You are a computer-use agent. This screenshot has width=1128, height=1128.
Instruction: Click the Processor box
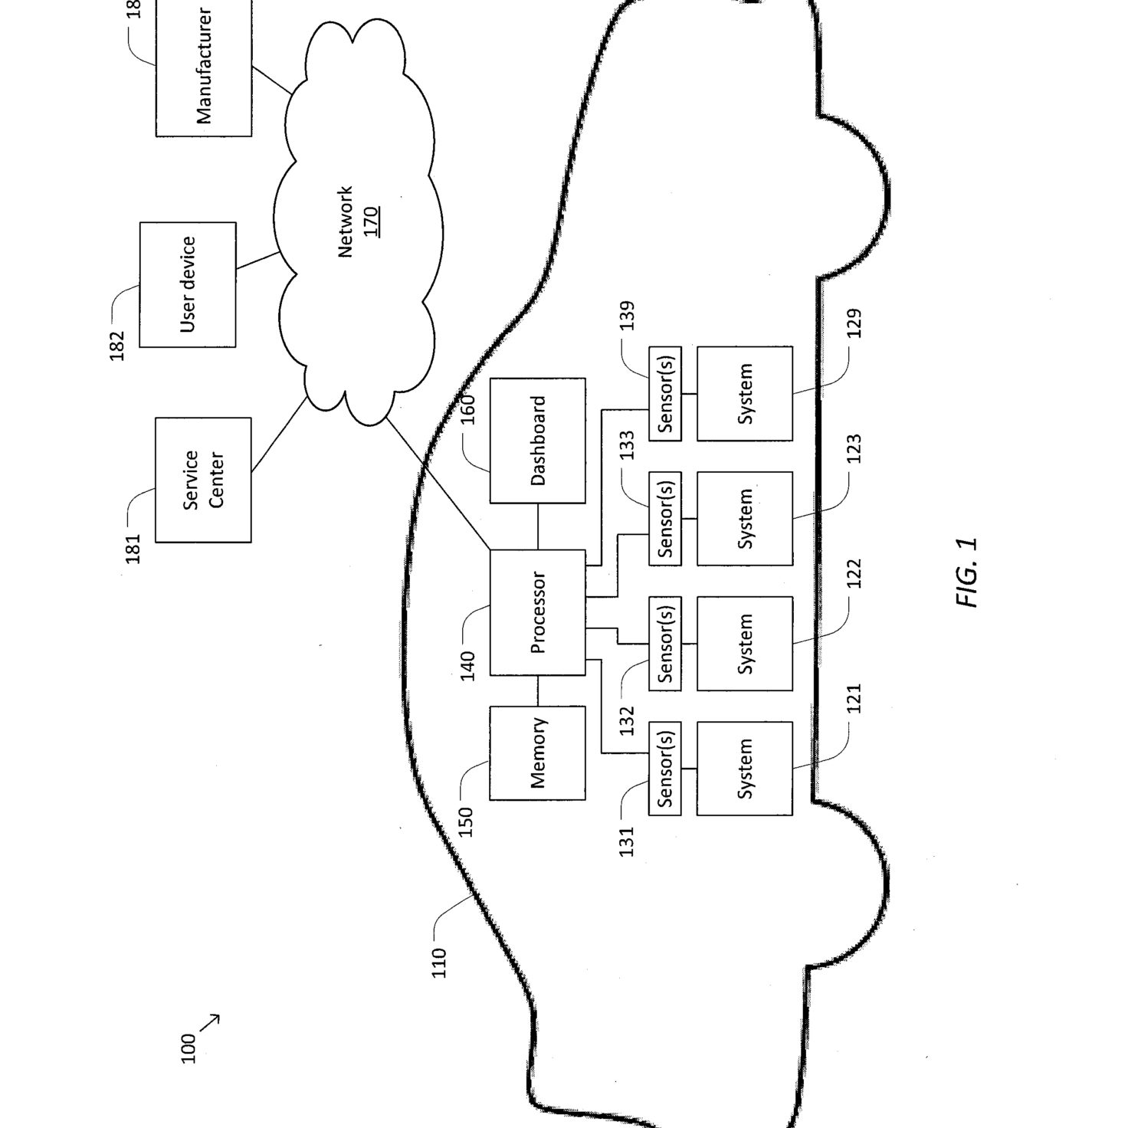[537, 612]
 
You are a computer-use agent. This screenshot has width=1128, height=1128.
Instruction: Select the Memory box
[537, 753]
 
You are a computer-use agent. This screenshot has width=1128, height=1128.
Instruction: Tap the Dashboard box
[537, 440]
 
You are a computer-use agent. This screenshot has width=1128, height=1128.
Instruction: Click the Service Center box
[203, 480]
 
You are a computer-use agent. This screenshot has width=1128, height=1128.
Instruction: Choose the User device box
[188, 284]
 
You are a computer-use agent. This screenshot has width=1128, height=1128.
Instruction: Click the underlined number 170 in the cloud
[371, 221]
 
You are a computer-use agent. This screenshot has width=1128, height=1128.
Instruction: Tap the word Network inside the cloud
[346, 222]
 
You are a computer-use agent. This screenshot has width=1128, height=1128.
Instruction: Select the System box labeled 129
[745, 393]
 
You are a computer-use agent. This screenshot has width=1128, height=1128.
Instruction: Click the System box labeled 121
[745, 769]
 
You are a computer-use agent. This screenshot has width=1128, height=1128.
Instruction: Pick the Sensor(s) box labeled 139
[665, 393]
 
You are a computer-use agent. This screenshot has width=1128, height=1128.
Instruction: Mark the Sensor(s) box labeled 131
[665, 769]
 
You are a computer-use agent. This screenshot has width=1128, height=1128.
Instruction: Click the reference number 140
[467, 666]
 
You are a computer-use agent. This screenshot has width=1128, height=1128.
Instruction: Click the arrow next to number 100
[209, 1038]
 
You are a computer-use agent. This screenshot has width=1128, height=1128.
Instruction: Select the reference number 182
[117, 346]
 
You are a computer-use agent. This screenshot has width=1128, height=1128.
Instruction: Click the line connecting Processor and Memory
[537, 690]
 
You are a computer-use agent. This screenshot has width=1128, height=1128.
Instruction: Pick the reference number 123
[854, 448]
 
